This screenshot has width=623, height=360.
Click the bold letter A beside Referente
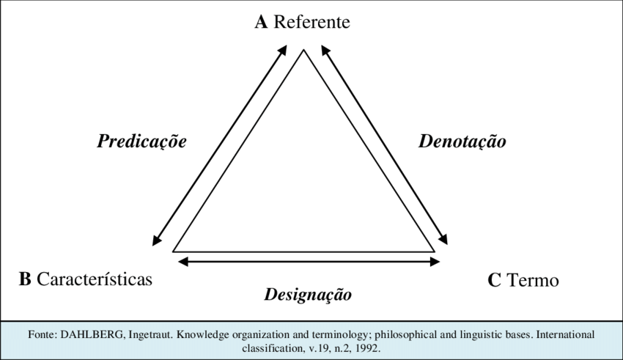click(261, 22)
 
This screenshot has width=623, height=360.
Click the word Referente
click(311, 22)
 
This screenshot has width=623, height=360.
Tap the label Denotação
click(462, 142)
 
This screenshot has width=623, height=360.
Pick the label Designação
click(308, 295)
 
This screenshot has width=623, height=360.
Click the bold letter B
click(24, 279)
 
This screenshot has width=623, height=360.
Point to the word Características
click(94, 279)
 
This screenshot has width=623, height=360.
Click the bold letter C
click(494, 280)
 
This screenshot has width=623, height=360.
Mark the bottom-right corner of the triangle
click(432, 250)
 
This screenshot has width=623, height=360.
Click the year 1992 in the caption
click(367, 347)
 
